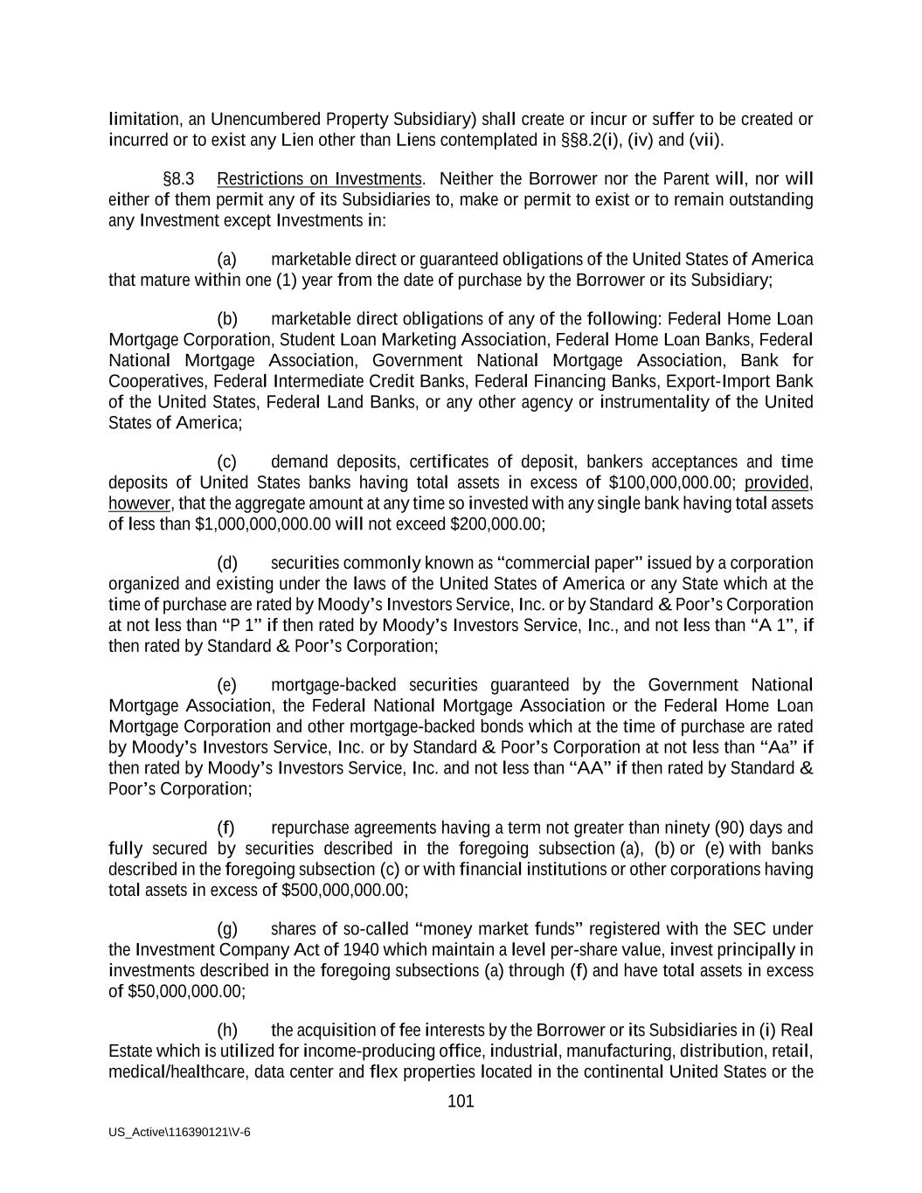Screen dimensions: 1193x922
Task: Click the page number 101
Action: point(460,1101)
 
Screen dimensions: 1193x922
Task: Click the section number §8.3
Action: point(178,179)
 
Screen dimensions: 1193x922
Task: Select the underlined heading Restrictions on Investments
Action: point(319,179)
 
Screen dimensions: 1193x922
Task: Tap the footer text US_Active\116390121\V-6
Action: point(179,1131)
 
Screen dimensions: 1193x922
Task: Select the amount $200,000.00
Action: point(496,524)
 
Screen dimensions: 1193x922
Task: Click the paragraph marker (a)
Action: point(226,260)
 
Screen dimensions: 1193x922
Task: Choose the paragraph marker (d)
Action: point(226,563)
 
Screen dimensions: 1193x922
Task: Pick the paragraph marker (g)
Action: point(226,929)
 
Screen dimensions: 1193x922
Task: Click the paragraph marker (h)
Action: point(226,1030)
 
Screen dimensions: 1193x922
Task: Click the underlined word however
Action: point(140,503)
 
